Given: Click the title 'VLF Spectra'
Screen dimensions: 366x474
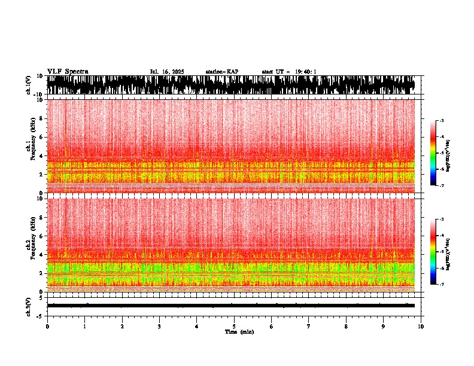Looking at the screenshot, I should [x=67, y=72].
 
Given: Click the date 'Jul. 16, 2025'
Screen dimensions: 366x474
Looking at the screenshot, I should [x=167, y=72].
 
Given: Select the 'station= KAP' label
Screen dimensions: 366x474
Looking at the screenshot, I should [x=222, y=72].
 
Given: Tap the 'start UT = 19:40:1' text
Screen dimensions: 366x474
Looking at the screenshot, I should [x=289, y=72].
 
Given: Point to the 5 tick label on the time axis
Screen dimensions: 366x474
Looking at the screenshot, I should [x=234, y=327].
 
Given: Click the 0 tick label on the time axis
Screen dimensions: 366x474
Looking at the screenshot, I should [x=47, y=327].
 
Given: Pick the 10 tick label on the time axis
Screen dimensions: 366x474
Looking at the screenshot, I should [x=421, y=327].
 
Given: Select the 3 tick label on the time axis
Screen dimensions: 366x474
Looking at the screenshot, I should [x=159, y=327].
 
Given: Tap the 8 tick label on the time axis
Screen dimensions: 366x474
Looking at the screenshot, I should [x=346, y=327].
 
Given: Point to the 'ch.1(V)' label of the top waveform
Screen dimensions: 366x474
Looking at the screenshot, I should [x=29, y=85].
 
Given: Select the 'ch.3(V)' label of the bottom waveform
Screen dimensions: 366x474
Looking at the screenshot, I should [x=29, y=306].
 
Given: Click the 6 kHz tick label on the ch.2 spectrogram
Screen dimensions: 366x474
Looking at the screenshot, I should [x=41, y=236].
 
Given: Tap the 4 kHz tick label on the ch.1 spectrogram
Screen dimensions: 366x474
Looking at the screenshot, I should [x=41, y=156].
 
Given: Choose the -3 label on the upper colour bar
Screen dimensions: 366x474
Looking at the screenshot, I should [x=442, y=121].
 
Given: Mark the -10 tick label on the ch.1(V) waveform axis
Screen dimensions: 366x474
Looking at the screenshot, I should [x=39, y=94].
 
